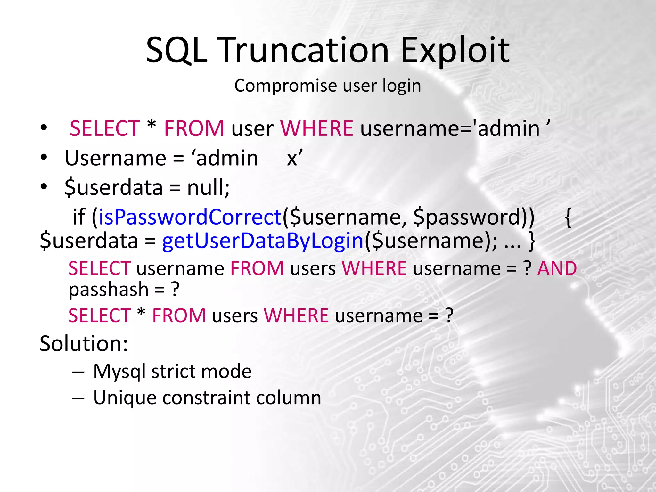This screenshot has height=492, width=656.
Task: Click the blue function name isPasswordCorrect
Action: pos(190,217)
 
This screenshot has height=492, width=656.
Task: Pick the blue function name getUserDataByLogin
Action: pos(263,241)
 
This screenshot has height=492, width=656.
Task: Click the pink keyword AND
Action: pos(557,268)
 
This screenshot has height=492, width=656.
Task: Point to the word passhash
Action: pos(109,290)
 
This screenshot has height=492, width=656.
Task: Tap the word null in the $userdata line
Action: pos(208,187)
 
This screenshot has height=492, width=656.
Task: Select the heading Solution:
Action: pos(84,344)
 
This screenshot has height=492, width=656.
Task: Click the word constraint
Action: pos(206,398)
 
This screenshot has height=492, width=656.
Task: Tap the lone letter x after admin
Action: pos(292,158)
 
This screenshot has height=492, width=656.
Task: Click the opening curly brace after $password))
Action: pos(568,218)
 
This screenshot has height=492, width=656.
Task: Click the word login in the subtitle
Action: pos(402,86)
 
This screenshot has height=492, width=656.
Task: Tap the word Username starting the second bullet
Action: pos(115,158)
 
